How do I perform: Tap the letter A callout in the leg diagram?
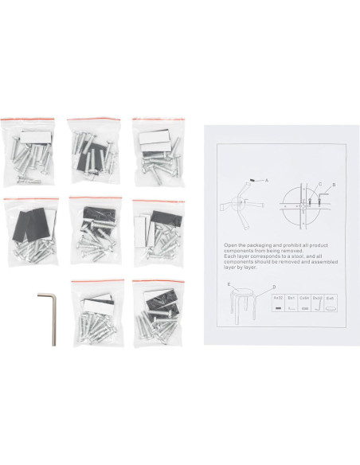coord(267,181)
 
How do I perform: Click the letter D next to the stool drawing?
coord(275,287)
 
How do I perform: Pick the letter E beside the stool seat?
coord(228,283)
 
